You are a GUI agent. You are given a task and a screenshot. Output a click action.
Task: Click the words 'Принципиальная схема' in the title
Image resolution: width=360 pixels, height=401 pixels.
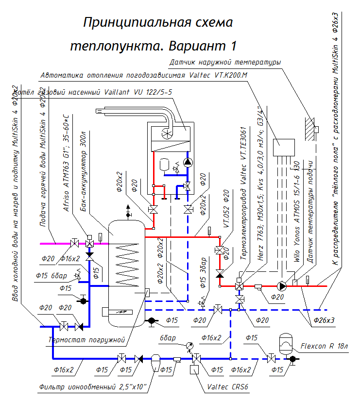158,23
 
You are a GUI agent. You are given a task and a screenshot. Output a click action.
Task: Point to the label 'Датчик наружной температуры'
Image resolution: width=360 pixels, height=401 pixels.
225,63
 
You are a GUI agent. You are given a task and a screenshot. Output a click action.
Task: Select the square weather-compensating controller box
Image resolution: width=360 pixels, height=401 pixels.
283,147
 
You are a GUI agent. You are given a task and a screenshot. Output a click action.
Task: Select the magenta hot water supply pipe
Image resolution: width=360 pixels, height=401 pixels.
53,242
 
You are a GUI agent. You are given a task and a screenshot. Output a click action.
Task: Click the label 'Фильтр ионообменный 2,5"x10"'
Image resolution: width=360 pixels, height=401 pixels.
92,387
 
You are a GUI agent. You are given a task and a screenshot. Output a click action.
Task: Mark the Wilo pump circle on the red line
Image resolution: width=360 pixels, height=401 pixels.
281,286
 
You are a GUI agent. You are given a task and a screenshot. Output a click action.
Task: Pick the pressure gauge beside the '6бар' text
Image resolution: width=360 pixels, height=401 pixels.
189,345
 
